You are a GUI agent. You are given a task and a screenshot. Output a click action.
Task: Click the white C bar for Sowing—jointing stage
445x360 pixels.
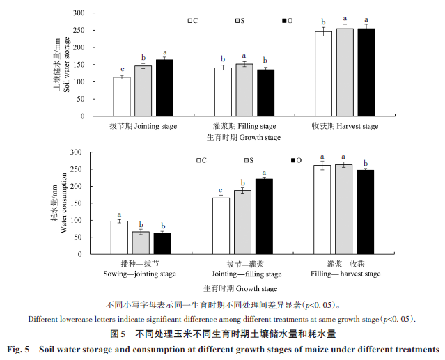tap(120, 237)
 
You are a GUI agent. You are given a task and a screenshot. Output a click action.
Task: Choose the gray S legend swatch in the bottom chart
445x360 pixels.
tap(247, 160)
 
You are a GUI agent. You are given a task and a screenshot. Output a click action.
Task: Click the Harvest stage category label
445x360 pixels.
tap(345, 126)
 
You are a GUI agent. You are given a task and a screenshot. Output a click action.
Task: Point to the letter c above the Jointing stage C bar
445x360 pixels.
tap(122, 70)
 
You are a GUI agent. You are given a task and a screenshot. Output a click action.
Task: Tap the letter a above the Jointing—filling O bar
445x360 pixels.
tap(264, 173)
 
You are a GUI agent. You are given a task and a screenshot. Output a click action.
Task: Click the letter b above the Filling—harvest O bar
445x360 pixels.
tap(366, 163)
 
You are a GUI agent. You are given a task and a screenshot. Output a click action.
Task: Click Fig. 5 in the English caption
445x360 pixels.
tap(18, 348)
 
